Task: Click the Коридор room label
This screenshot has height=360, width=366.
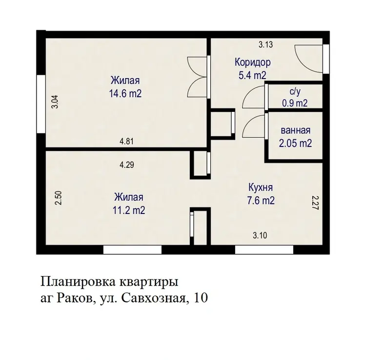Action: (253, 63)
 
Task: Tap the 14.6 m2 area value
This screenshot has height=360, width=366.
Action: (125, 94)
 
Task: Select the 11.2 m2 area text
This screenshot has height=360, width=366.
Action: (129, 210)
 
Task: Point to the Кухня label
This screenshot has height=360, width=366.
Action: (261, 188)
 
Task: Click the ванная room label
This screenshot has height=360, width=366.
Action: (296, 130)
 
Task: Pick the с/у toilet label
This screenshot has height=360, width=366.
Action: (295, 91)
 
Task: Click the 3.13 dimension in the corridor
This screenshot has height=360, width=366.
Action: (265, 44)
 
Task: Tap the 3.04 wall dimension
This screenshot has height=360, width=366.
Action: (55, 102)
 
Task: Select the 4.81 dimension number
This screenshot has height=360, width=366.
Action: (126, 141)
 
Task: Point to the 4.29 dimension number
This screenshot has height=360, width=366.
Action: (127, 165)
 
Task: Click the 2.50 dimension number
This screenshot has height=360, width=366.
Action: (59, 198)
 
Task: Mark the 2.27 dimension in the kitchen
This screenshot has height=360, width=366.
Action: (315, 203)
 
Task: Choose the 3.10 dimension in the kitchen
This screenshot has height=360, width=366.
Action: (260, 235)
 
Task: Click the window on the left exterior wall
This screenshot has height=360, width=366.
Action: (41, 104)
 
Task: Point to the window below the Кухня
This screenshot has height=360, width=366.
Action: (264, 250)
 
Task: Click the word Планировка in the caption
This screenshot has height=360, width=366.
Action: (78, 282)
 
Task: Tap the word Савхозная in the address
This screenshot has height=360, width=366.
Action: (153, 298)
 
